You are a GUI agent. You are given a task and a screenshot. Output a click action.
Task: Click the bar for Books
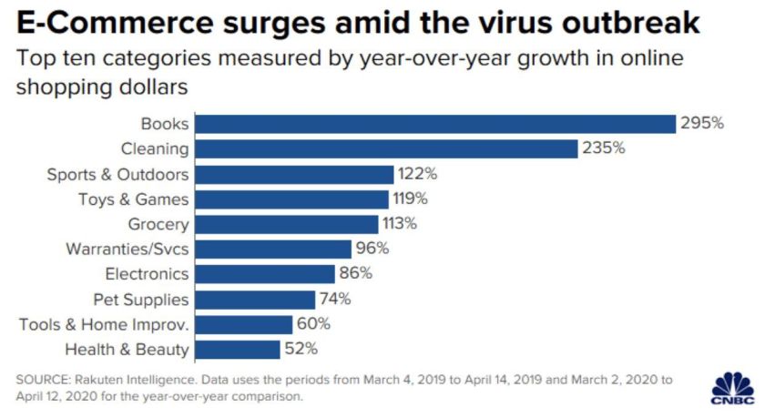436,124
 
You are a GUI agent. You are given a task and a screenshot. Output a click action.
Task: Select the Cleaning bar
387,148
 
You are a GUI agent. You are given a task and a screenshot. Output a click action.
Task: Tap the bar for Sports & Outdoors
295,174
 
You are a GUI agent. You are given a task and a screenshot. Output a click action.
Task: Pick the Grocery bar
288,224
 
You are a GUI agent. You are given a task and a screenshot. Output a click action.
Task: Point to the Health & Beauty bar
239,349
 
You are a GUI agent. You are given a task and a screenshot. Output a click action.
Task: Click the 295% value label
702,124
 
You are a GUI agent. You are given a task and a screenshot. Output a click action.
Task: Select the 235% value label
604,148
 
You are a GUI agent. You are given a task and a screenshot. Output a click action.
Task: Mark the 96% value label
372,249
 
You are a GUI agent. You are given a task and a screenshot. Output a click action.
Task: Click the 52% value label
301,349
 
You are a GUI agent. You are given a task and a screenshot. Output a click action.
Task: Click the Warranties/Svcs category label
127,249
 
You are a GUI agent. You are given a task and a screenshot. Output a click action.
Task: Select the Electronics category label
147,274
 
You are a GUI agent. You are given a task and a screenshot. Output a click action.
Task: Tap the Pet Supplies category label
141,299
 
